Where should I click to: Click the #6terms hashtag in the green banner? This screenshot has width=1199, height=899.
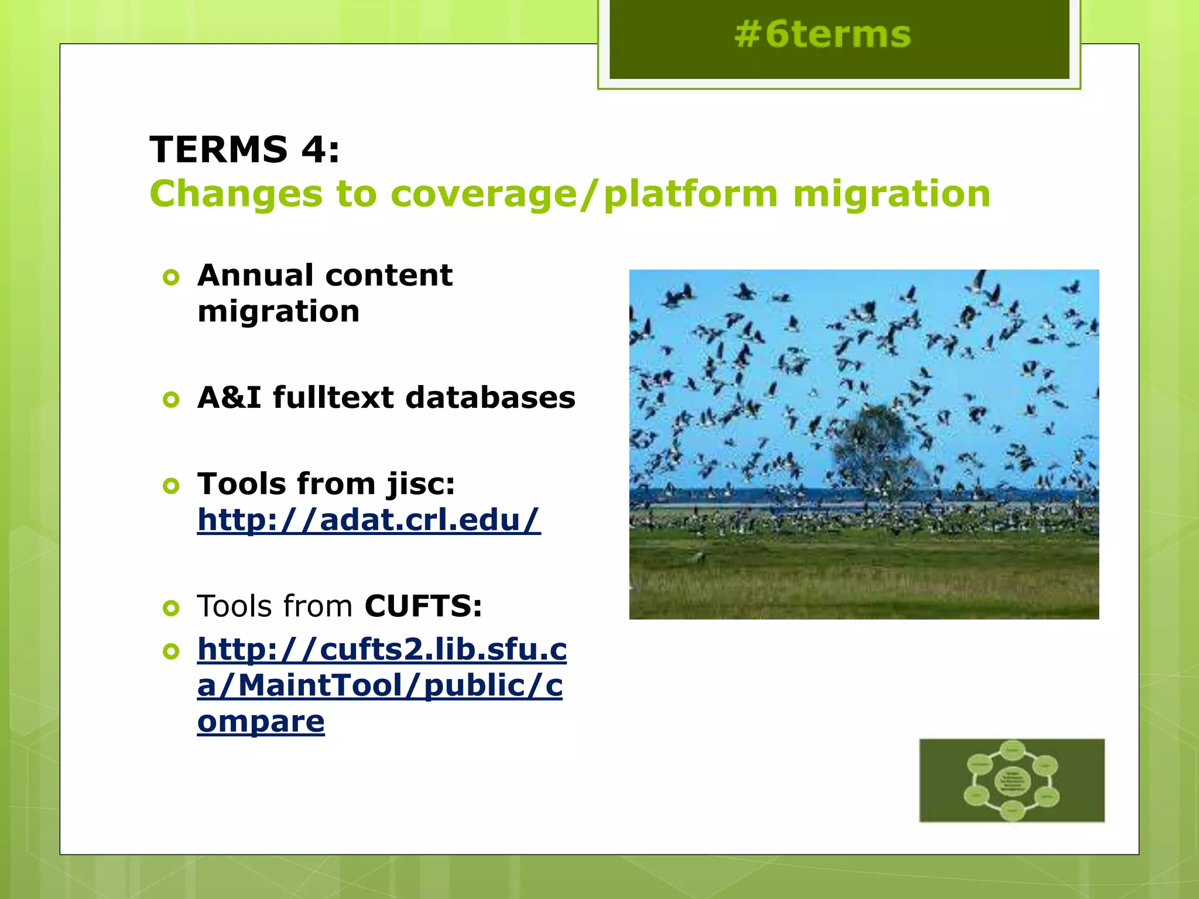(x=823, y=34)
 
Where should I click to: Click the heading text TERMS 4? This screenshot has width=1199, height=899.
(x=245, y=149)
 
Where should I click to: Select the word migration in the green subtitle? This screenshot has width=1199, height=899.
(x=891, y=194)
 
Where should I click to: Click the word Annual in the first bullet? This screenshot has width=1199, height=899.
(x=255, y=275)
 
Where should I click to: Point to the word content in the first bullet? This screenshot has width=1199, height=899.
(x=388, y=275)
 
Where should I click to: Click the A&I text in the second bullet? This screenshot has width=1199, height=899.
(x=229, y=397)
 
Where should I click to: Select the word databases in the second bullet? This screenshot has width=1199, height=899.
(x=491, y=397)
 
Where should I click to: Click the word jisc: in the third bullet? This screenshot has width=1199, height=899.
(x=420, y=485)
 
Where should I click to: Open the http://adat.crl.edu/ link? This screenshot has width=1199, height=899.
(x=369, y=520)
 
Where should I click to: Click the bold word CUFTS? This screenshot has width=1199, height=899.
(x=423, y=606)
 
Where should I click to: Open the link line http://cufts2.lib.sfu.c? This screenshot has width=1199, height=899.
(x=382, y=649)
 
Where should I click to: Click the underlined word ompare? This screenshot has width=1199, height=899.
(x=261, y=722)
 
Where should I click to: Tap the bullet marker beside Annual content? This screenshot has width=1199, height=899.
(x=171, y=277)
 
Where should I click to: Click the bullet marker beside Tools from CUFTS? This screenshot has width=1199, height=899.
(x=171, y=609)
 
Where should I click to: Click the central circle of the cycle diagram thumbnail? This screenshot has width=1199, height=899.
(x=1012, y=781)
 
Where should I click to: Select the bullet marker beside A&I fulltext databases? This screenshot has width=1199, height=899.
(x=171, y=400)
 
